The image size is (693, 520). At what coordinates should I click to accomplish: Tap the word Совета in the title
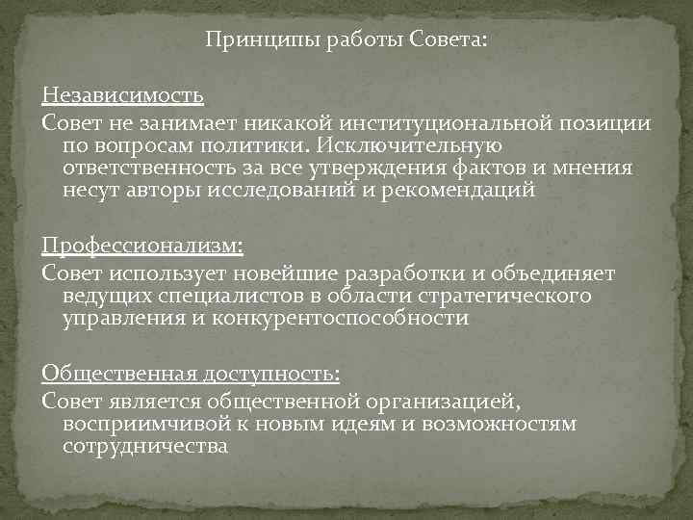click(449, 41)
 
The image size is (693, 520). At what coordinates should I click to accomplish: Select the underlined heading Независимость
click(122, 97)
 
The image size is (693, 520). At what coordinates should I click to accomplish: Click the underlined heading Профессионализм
click(142, 248)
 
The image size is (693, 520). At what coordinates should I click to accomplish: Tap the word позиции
click(603, 123)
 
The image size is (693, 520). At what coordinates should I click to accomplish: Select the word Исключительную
click(417, 145)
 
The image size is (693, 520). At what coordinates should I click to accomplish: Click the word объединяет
click(543, 273)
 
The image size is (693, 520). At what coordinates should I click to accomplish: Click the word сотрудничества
click(145, 445)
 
